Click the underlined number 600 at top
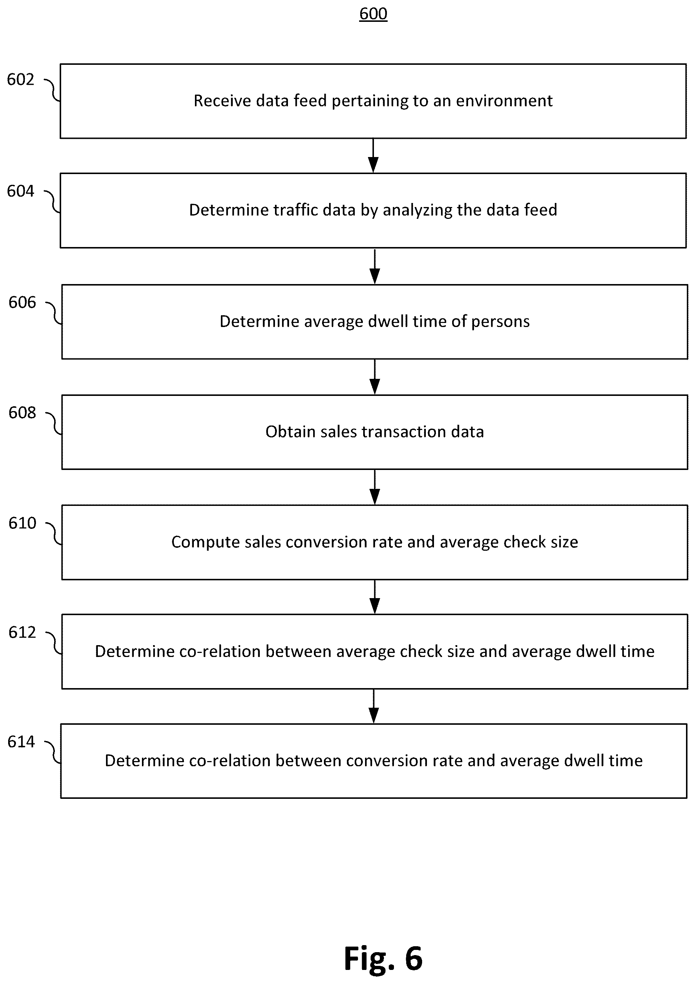373,14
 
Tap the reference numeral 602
20,79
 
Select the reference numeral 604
20,191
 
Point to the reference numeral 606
22,302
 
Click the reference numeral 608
22,412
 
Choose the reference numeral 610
22,523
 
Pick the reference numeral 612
22,632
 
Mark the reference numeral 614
21,741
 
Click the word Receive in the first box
222,101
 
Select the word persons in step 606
500,322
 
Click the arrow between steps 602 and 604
373,156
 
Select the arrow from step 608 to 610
375,487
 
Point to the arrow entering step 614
374,706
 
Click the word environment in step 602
504,101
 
